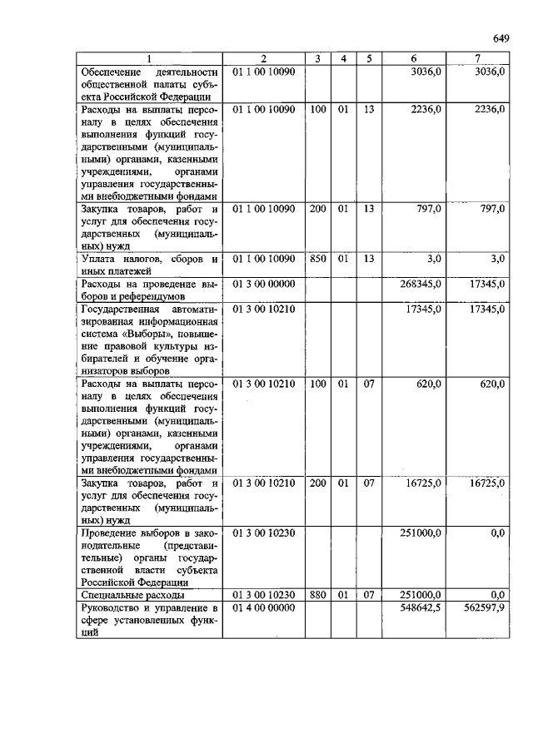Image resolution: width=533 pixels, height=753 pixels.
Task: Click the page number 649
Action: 501,37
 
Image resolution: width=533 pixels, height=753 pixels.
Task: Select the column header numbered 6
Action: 414,58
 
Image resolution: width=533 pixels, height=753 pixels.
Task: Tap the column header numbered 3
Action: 317,58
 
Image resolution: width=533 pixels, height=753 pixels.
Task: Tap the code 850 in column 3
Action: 317,260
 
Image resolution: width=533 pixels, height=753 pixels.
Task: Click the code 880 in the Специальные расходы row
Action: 317,595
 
